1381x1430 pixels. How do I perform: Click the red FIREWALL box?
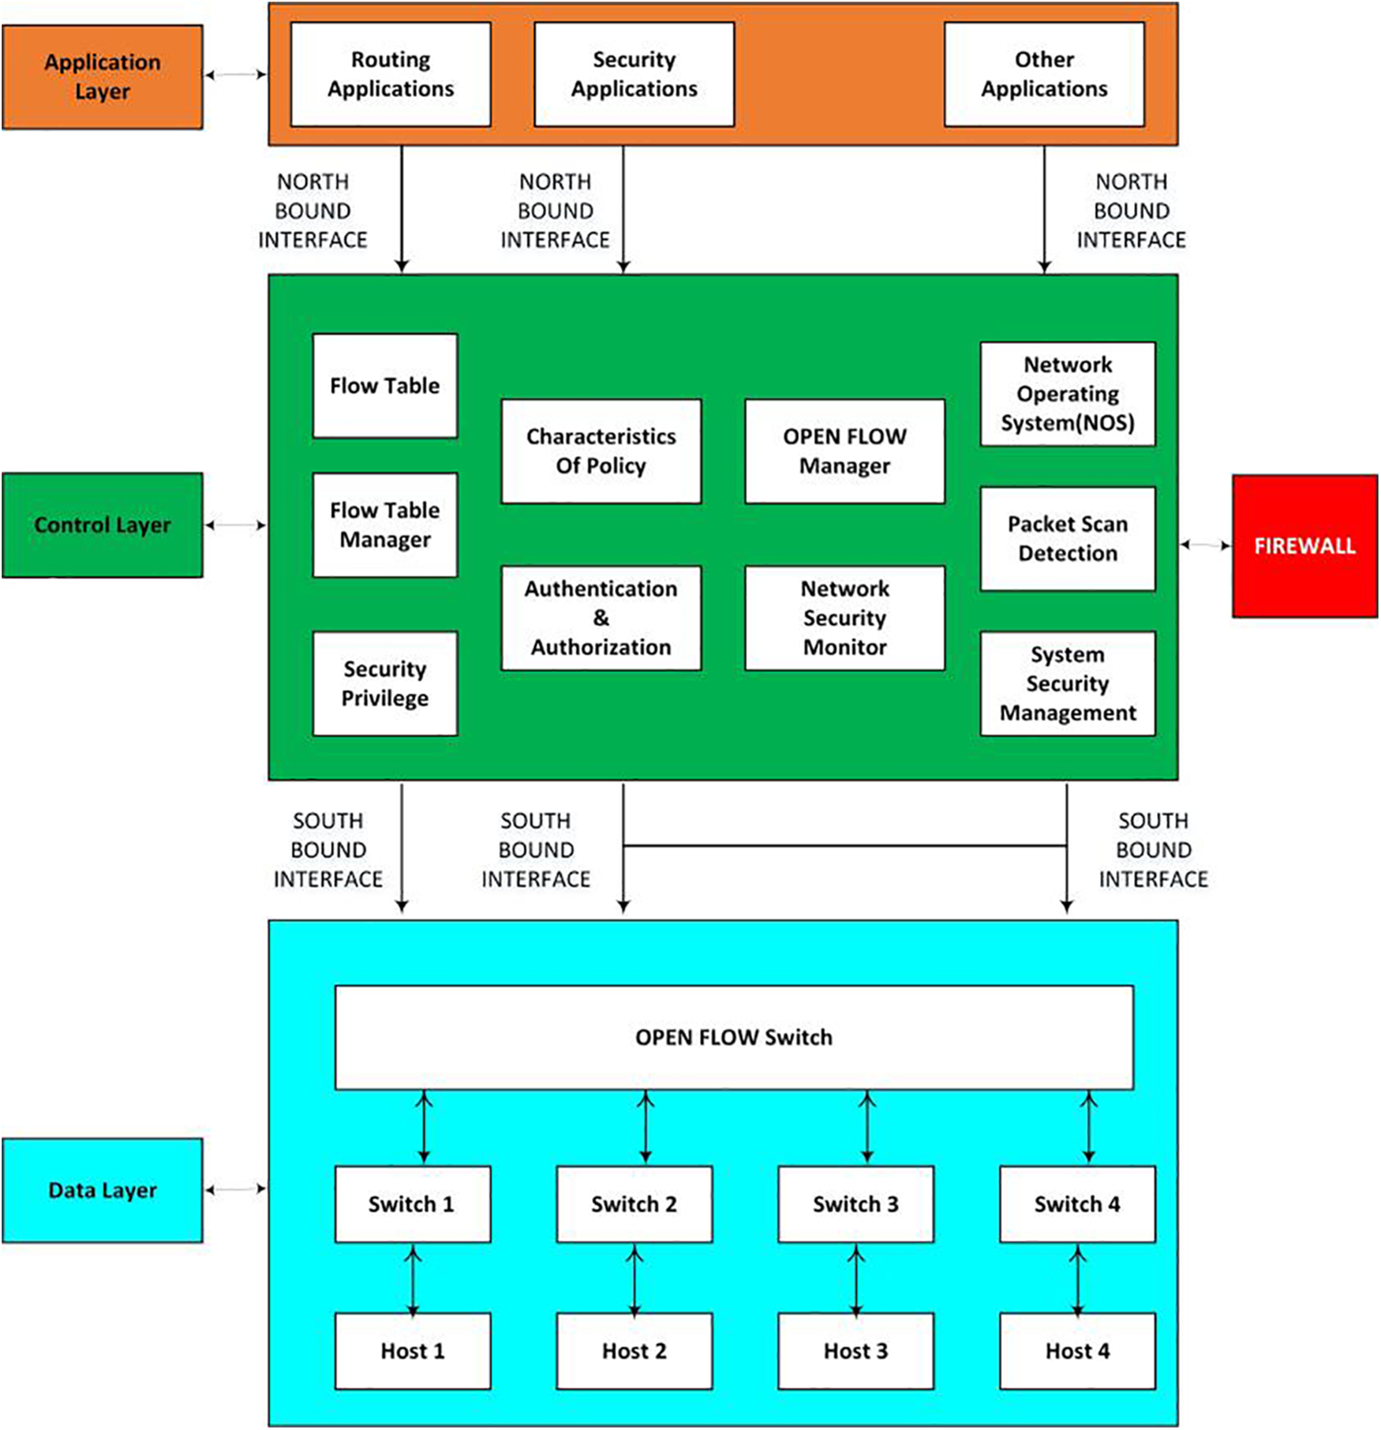(x=1304, y=546)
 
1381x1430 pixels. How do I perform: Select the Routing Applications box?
(x=391, y=74)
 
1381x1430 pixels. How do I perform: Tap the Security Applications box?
(x=634, y=74)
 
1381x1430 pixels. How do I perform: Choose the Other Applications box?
(x=1043, y=74)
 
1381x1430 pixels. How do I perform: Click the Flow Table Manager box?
(x=384, y=525)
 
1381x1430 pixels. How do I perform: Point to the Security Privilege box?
(x=384, y=683)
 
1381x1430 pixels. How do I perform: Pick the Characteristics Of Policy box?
(x=601, y=451)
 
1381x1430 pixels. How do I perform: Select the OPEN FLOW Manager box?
(x=844, y=451)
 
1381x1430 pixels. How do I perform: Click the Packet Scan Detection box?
(x=1067, y=539)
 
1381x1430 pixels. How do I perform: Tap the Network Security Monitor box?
(x=844, y=618)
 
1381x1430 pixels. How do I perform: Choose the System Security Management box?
(x=1067, y=683)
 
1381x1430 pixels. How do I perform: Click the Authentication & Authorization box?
(x=601, y=618)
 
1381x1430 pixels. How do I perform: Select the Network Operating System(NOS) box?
(x=1067, y=394)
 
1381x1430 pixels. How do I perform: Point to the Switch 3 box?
(x=855, y=1204)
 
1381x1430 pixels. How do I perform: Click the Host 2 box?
(x=634, y=1351)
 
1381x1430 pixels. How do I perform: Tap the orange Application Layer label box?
(x=102, y=77)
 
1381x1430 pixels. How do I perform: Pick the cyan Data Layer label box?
(x=102, y=1190)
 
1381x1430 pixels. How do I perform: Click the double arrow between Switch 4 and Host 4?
(x=1078, y=1278)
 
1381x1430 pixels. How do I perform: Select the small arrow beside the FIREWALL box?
(x=1205, y=545)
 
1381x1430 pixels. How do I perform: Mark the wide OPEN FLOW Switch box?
(x=734, y=1037)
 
